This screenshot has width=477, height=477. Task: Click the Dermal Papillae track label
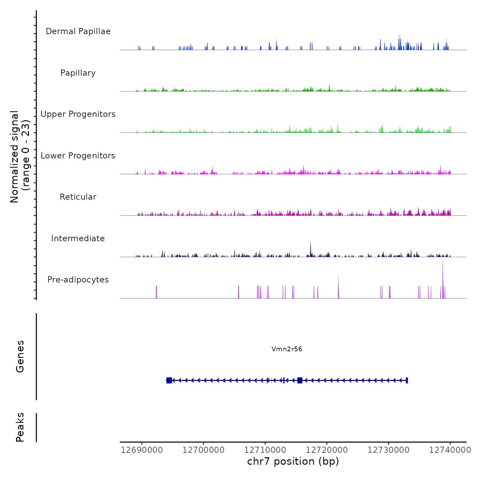point(78,31)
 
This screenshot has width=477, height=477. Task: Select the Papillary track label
point(78,73)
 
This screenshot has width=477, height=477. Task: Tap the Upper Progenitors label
point(78,114)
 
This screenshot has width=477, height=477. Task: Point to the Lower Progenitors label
point(78,156)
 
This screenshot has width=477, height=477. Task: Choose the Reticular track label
point(78,197)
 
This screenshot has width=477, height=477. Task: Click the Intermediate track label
point(78,238)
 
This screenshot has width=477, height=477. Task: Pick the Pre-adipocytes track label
point(78,280)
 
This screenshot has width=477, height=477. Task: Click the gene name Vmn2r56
point(287,349)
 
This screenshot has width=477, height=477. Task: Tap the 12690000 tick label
point(142,450)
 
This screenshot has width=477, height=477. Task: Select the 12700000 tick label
point(203,450)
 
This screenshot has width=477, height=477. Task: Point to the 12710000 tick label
point(265,450)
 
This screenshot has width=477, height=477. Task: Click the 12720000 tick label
point(327,450)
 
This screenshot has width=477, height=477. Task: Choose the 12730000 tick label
point(388,450)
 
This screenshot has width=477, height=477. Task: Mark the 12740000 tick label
point(450,450)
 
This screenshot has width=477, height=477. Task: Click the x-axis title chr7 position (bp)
point(293,461)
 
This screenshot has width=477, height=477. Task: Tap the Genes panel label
point(20,356)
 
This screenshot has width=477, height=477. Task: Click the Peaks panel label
point(20,427)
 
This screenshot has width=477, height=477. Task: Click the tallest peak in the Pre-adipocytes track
point(443,262)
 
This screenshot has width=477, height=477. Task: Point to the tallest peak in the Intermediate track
point(310,242)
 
